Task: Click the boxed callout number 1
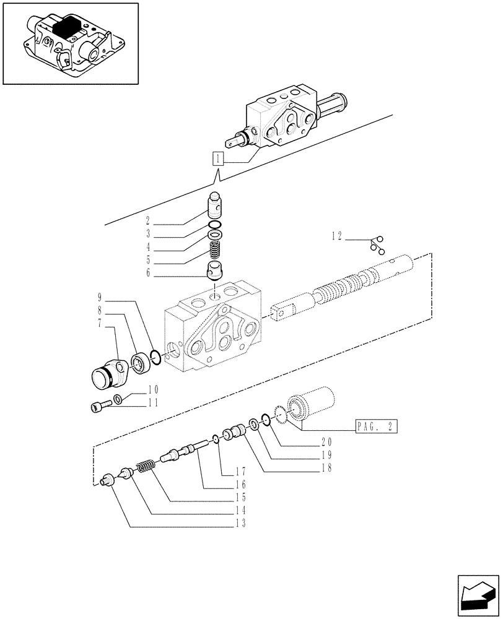point(217,158)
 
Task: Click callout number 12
point(336,236)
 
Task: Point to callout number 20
point(326,442)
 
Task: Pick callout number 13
point(241,524)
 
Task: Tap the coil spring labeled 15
point(145,466)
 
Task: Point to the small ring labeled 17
point(214,439)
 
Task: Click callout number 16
point(241,485)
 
